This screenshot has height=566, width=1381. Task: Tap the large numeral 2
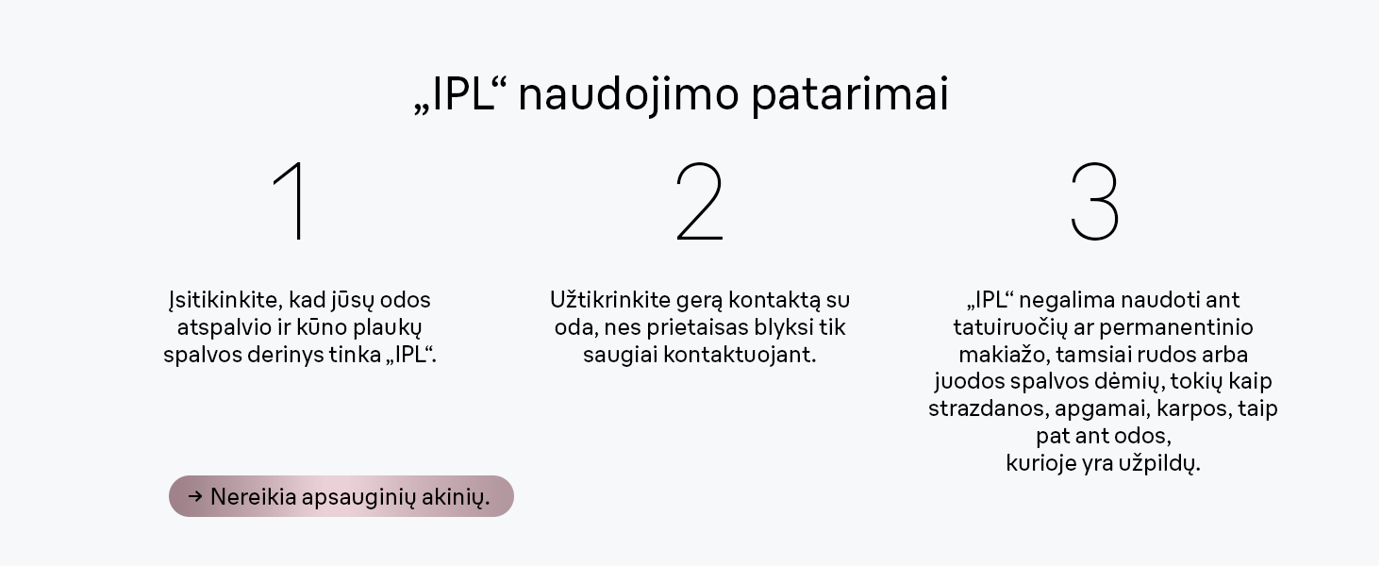(699, 200)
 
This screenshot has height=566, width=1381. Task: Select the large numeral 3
(1094, 200)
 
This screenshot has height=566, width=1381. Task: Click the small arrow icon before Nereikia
(195, 496)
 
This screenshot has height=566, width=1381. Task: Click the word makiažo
(1003, 356)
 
